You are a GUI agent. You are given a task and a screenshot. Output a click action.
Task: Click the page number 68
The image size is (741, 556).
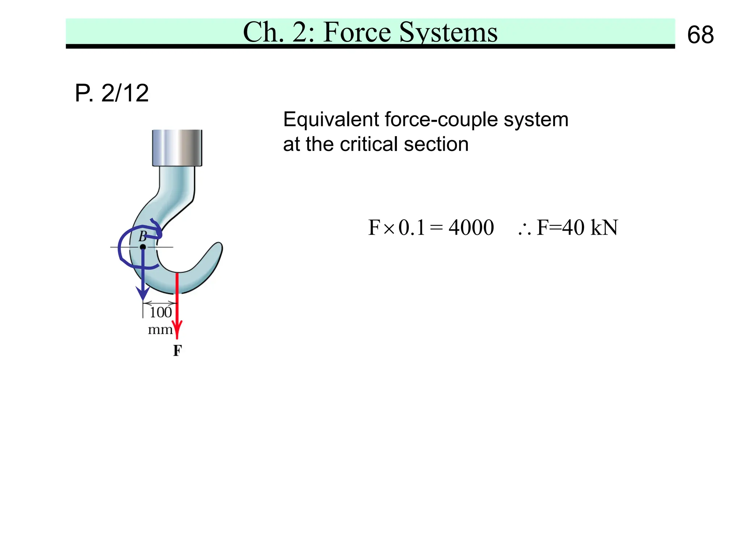700,35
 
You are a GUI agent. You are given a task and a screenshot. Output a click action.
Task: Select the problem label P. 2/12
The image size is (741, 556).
111,93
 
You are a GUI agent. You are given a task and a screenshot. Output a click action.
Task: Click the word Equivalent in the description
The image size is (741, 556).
331,119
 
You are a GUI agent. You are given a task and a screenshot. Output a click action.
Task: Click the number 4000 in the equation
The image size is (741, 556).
471,228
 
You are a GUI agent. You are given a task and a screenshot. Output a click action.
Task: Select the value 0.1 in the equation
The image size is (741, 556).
411,228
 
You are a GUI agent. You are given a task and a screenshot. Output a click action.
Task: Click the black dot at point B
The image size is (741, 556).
143,247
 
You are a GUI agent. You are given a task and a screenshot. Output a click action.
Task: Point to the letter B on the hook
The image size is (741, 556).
143,236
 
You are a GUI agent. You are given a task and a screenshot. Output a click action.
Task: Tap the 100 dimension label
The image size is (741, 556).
161,312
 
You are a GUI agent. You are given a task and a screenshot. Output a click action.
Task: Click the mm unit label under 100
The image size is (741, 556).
160,330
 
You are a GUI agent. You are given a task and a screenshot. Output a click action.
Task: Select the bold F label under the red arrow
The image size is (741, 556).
177,350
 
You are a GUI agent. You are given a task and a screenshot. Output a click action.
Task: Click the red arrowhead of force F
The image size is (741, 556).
177,330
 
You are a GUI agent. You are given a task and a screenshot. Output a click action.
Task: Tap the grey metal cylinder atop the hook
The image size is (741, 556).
177,148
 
